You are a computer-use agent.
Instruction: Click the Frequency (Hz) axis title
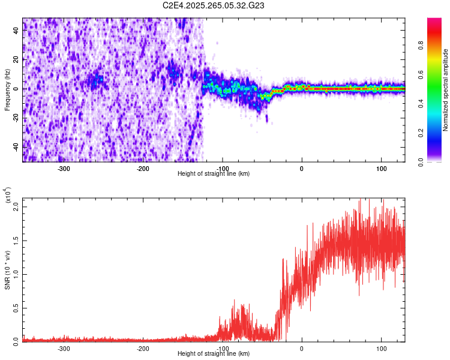7,89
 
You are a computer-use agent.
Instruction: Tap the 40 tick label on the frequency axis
17,32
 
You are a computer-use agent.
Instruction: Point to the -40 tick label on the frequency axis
16,147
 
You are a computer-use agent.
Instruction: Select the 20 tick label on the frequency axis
17,61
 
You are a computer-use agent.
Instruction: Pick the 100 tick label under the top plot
381,168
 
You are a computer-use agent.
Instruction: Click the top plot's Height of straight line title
214,173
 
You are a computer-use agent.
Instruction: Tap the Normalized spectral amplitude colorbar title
446,89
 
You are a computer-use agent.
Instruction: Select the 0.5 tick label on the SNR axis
17,308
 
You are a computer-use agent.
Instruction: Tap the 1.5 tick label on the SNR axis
17,241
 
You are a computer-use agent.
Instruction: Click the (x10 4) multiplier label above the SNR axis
8,196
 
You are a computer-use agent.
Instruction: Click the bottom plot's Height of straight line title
214,353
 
